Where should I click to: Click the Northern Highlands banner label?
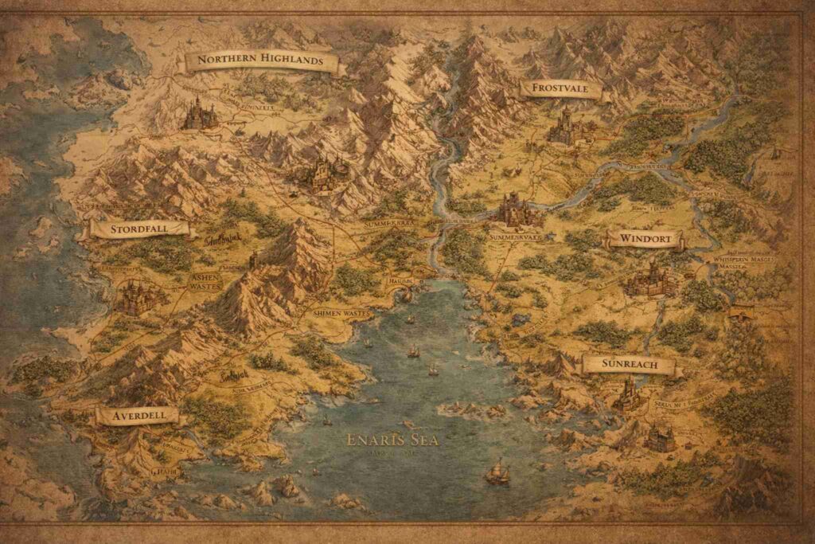pyautogui.click(x=260, y=61)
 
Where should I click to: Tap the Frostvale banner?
pyautogui.click(x=560, y=88)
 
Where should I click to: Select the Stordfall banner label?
pyautogui.click(x=140, y=229)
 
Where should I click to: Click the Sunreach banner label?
pyautogui.click(x=629, y=365)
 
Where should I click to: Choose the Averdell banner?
pyautogui.click(x=138, y=415)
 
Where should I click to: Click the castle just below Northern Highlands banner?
pyautogui.click(x=200, y=115)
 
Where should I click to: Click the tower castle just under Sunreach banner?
pyautogui.click(x=629, y=393)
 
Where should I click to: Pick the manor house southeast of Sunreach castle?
pyautogui.click(x=659, y=436)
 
